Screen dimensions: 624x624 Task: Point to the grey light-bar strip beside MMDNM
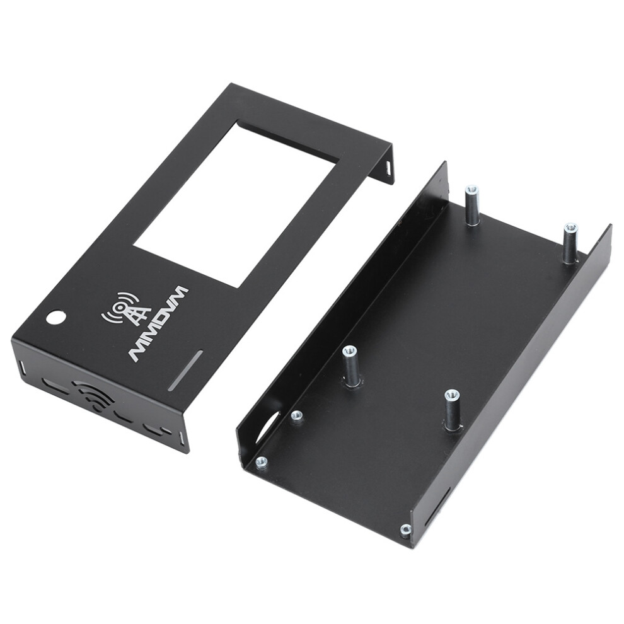click(186, 370)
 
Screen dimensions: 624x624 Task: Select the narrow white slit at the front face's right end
click(181, 439)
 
